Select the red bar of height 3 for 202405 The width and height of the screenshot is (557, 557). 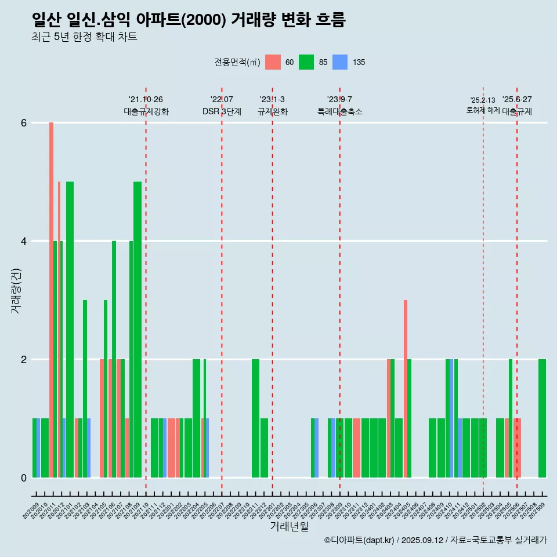(406, 389)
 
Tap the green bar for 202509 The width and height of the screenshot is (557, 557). (542, 418)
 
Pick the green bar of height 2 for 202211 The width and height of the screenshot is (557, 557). (255, 418)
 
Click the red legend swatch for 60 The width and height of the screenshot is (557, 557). (273, 62)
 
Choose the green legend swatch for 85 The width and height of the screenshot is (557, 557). (306, 62)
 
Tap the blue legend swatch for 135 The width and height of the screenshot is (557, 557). (340, 62)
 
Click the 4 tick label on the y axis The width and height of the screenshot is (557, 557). (24, 241)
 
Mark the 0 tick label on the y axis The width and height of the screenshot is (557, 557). (24, 478)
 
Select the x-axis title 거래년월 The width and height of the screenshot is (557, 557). (289, 527)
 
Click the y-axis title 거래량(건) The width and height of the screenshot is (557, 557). (16, 290)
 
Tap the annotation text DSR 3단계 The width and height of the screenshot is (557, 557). (222, 111)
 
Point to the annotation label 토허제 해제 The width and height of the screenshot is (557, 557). (483, 110)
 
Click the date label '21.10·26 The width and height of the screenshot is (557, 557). (146, 99)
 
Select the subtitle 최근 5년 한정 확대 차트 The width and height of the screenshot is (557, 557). (84, 37)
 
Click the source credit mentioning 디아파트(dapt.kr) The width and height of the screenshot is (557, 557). (435, 540)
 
